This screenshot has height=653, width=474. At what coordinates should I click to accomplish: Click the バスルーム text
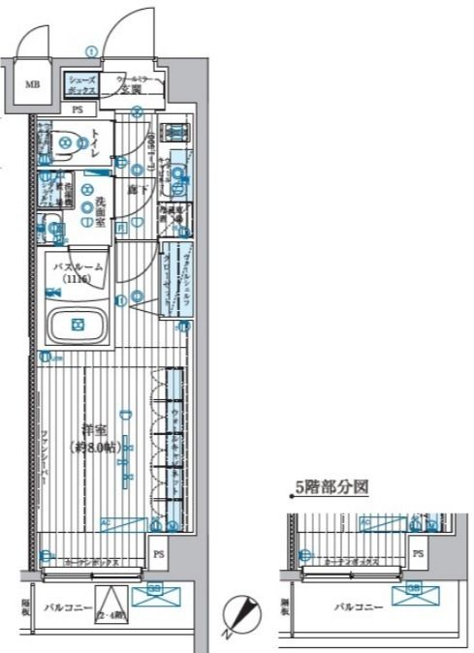point(78,265)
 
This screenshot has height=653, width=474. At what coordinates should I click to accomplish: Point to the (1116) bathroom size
point(78,279)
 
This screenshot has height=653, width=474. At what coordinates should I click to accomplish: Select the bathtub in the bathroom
point(79,326)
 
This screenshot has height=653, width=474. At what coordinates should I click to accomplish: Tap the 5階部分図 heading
point(332,489)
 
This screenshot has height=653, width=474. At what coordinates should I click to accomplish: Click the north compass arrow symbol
point(239,612)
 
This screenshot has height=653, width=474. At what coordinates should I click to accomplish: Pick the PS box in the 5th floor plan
point(418,553)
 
